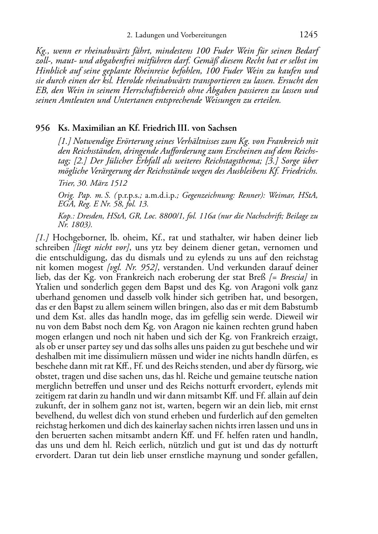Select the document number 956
(43, 128)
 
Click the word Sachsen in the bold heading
(223, 128)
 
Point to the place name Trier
(66, 183)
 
